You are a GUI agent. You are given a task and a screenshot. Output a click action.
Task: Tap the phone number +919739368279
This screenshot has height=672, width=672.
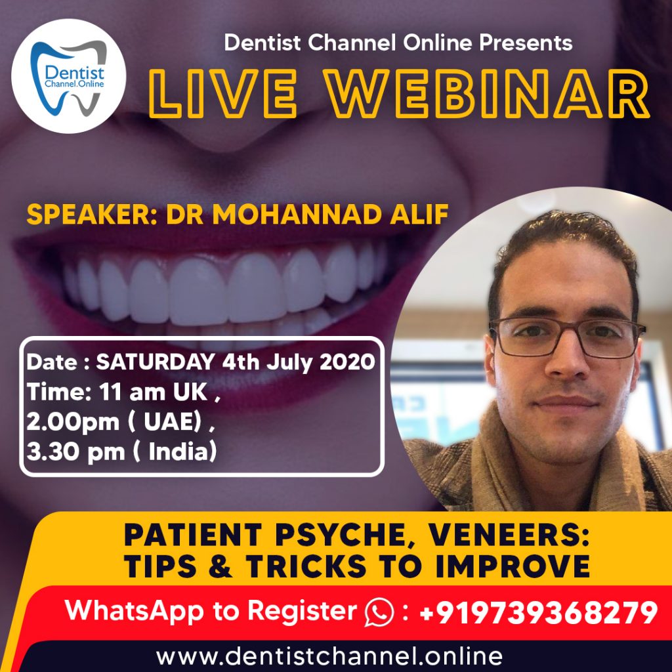tap(537, 612)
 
